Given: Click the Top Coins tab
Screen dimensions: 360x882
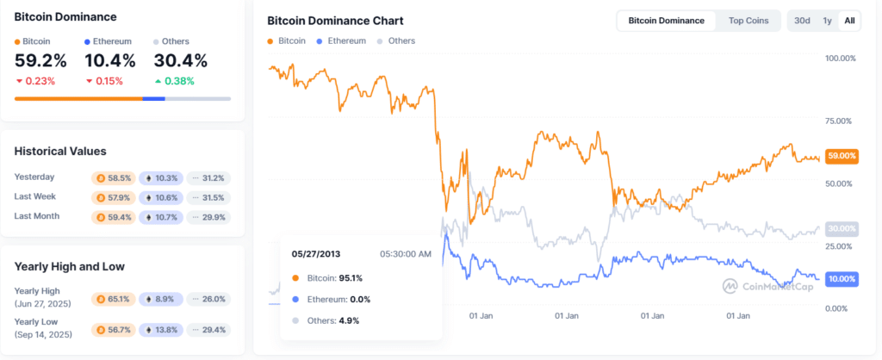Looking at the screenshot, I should tap(748, 21).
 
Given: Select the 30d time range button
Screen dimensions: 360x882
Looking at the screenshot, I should tap(802, 21).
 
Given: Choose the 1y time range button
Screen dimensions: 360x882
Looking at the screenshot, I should tap(827, 21).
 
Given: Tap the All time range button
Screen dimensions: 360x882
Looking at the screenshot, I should tap(849, 21).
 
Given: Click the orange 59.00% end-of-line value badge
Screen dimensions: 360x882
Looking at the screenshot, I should tap(842, 156).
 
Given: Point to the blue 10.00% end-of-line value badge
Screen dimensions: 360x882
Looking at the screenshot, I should tap(842, 279).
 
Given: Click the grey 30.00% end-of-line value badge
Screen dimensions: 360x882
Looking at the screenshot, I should tap(842, 228).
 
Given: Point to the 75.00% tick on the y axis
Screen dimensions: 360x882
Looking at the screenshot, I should tap(839, 121).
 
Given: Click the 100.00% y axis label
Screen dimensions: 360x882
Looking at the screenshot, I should tap(839, 59).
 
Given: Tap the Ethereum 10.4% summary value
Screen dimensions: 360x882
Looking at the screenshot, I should tap(109, 60).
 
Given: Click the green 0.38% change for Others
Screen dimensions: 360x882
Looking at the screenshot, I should tap(174, 81).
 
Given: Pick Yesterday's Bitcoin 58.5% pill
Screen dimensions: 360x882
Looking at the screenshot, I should tap(113, 177).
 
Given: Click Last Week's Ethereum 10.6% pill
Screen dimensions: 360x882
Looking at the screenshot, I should tap(161, 197).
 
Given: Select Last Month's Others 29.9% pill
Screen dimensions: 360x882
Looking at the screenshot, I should tap(208, 216).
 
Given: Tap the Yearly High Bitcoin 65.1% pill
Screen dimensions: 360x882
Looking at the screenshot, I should tap(113, 299).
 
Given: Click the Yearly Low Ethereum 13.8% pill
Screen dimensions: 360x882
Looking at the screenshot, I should tap(161, 329).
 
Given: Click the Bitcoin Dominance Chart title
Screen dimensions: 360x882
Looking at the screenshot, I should tap(335, 21).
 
